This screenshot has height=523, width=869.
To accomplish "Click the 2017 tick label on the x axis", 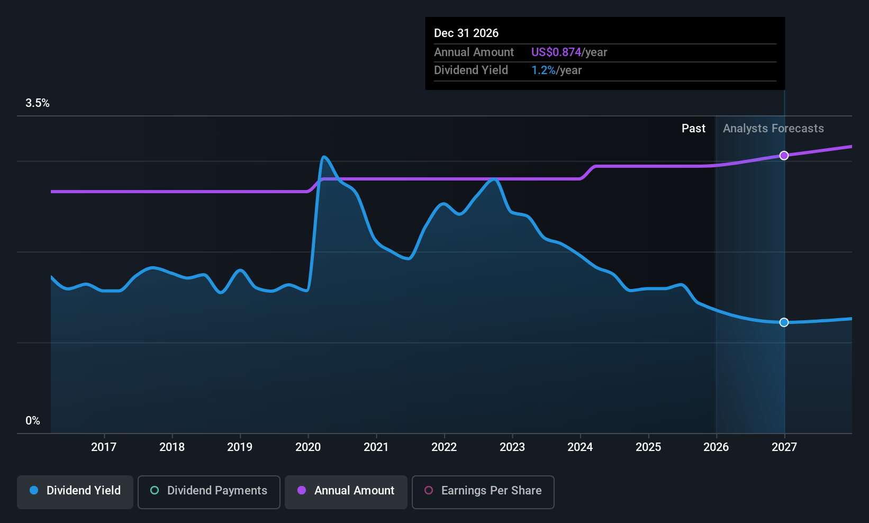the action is (x=104, y=447).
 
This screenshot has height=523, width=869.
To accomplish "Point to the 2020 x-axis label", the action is (x=308, y=447).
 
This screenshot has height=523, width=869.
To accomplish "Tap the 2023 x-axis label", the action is (x=512, y=447).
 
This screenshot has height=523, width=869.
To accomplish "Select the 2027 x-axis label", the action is (x=784, y=447).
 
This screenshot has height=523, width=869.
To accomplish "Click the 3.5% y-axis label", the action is (x=38, y=103).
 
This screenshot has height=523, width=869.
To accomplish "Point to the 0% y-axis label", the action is (x=33, y=421).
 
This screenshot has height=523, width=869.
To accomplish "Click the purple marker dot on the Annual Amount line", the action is (x=784, y=156).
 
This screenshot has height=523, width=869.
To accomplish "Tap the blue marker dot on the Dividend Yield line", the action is (x=784, y=322).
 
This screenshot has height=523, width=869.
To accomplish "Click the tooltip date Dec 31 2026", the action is (x=466, y=33).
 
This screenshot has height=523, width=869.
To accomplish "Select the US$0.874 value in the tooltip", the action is (x=556, y=52).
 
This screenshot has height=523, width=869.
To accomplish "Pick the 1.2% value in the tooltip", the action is (x=543, y=70).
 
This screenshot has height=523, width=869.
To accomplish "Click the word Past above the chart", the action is (x=693, y=129).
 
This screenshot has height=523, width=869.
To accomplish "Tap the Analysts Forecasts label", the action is (x=773, y=129).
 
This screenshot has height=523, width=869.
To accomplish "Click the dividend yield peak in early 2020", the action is (x=323, y=157).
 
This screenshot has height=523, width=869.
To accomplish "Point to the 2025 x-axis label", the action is (x=648, y=447).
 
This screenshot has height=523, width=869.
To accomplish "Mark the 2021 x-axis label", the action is (x=376, y=447).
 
